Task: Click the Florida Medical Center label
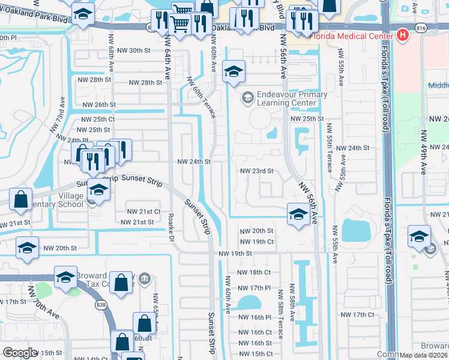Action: pyautogui.click(x=351, y=35)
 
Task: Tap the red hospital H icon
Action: pyautogui.click(x=403, y=35)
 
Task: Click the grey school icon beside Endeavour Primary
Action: pyautogui.click(x=247, y=97)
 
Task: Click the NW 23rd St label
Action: pyautogui.click(x=256, y=170)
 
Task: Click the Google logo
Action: pyautogui.click(x=20, y=353)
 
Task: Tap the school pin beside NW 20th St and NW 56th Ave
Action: pyautogui.click(x=298, y=214)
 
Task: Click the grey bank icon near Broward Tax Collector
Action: pyautogui.click(x=145, y=278)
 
